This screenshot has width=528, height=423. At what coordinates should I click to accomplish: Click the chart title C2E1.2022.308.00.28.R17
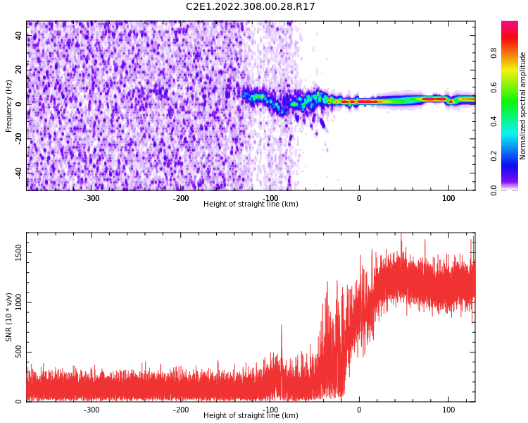(x=251, y=7)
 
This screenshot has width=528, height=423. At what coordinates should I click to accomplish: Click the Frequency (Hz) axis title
(x=9, y=105)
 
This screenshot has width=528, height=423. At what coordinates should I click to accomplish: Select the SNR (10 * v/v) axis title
(x=9, y=317)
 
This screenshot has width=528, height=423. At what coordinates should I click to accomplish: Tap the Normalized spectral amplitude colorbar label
(x=523, y=105)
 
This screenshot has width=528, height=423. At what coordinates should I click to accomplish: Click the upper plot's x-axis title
(x=251, y=204)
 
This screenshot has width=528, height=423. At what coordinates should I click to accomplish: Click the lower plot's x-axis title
(x=251, y=415)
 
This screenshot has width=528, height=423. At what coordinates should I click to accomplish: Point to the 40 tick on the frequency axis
(x=19, y=36)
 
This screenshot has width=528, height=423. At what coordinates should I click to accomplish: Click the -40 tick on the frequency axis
(x=18, y=173)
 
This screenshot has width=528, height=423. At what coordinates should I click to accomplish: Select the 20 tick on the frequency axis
(x=19, y=70)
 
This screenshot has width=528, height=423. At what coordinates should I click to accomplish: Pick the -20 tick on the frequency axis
(x=18, y=139)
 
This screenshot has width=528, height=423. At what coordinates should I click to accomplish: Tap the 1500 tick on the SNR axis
(x=14, y=253)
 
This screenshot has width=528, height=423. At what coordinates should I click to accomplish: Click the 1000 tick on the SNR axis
(x=14, y=303)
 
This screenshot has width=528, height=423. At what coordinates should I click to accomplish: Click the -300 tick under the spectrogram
(x=92, y=198)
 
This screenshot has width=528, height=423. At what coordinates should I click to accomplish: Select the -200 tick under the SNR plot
(x=181, y=410)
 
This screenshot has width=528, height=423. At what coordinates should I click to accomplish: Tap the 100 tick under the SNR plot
(x=448, y=410)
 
